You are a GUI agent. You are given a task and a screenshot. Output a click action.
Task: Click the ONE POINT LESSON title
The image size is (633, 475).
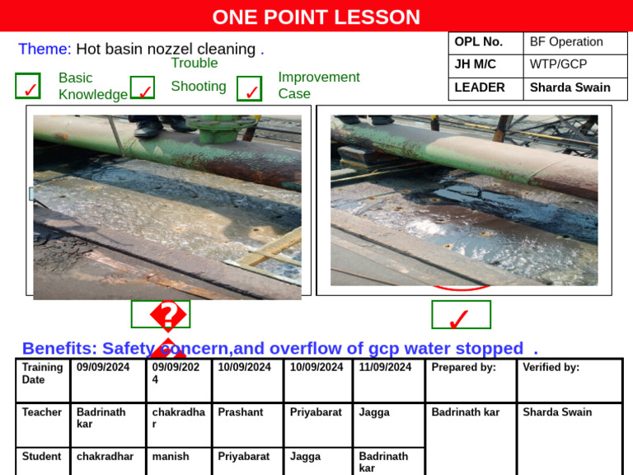click(x=316, y=16)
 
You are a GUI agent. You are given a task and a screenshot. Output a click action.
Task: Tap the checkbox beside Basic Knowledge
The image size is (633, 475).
click(x=28, y=87)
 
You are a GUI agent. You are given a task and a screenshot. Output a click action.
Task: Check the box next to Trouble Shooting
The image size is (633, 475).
click(x=143, y=89)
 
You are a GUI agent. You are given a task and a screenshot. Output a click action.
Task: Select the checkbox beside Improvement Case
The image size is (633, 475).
click(x=249, y=89)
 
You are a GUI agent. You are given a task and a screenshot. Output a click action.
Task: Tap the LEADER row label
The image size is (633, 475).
click(x=480, y=87)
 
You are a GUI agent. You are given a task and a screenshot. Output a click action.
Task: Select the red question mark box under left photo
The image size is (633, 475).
click(x=161, y=314)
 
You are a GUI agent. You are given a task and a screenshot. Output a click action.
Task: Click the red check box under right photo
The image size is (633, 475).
click(x=461, y=315)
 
